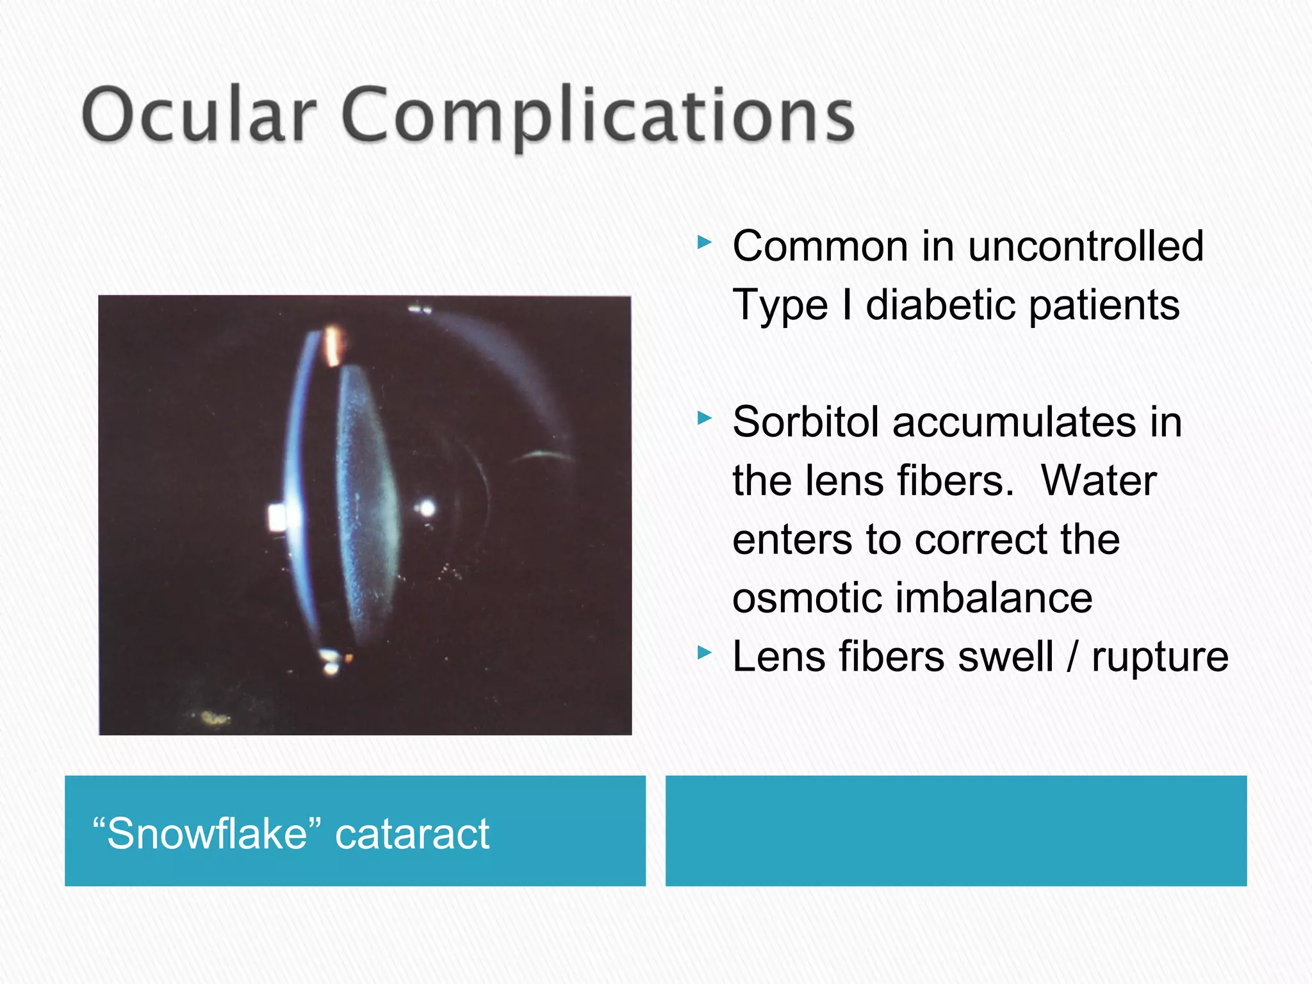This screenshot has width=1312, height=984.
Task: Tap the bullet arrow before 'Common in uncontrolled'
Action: click(704, 243)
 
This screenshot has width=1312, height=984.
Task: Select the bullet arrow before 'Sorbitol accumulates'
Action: click(704, 419)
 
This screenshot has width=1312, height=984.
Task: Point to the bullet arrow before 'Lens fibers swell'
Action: click(704, 653)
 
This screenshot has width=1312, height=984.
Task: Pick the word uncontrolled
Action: click(1085, 246)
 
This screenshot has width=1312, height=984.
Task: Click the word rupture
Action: click(1160, 657)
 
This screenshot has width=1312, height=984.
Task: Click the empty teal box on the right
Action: click(956, 831)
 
